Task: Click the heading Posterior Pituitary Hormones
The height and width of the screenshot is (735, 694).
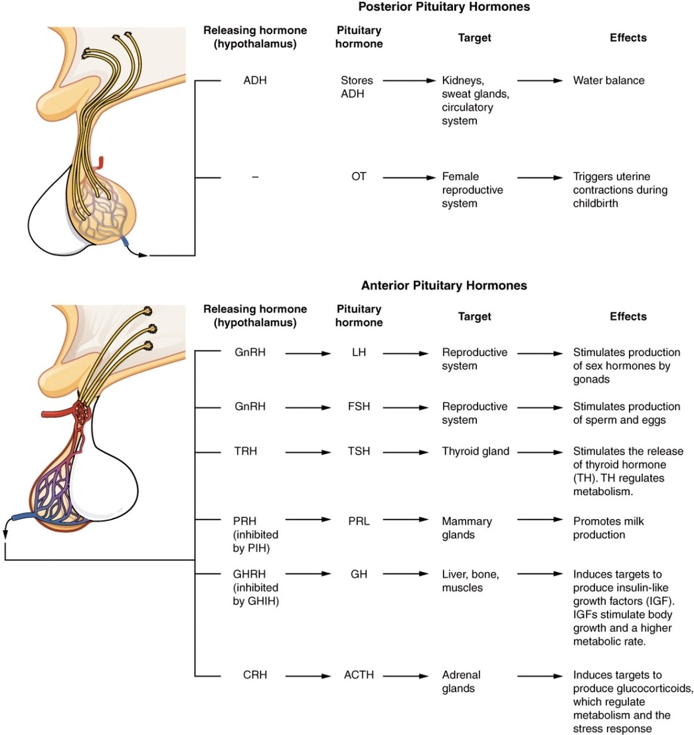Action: (444, 7)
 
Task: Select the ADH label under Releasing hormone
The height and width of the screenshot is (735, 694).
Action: (255, 80)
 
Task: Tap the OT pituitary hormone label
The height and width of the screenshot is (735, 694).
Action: (359, 177)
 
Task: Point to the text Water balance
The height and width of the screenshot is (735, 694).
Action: (608, 80)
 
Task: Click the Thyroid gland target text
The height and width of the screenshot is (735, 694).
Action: (476, 452)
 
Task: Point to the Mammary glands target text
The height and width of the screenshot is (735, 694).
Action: (466, 528)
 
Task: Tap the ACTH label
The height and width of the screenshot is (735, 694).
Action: (359, 675)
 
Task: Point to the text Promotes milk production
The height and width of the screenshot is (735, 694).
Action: (608, 528)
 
